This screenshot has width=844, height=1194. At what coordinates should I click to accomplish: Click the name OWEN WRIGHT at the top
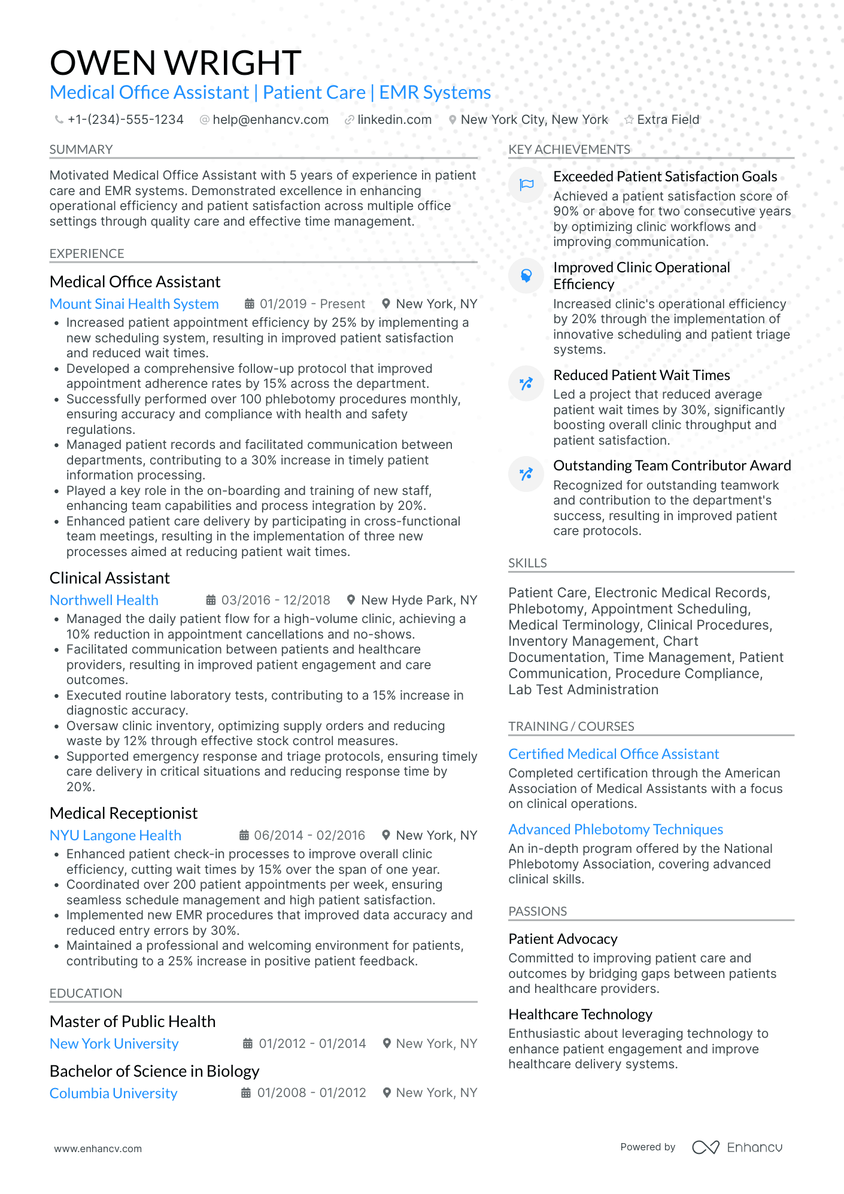[175, 63]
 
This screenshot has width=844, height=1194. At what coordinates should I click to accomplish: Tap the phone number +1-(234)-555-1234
[125, 120]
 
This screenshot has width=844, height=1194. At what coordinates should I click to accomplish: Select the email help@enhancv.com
[271, 120]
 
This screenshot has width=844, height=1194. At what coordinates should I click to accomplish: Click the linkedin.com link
[394, 120]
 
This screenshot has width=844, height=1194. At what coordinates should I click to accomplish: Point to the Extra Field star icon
[629, 120]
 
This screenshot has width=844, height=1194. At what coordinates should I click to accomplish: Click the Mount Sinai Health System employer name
[134, 304]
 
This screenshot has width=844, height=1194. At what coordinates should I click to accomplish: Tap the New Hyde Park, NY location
[419, 600]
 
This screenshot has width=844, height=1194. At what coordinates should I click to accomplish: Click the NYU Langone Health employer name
[116, 836]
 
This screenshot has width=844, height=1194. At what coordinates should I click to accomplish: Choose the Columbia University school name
[114, 1093]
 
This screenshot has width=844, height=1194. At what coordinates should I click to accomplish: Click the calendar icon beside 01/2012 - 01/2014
[247, 1044]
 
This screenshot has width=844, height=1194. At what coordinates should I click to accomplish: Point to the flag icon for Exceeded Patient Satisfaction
[526, 185]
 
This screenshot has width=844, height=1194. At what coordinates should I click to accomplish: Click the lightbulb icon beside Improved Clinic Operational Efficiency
[526, 276]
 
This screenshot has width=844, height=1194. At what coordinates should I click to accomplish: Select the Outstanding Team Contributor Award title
[672, 466]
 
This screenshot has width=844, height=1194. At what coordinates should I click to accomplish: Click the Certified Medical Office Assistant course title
[614, 754]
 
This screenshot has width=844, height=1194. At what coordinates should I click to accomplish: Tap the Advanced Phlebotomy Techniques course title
[615, 830]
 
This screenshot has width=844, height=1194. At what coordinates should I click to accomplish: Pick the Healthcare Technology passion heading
[580, 1014]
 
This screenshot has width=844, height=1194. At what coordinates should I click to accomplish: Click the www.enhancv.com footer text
[98, 1149]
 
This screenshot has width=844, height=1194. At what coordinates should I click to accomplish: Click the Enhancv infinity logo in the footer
[705, 1147]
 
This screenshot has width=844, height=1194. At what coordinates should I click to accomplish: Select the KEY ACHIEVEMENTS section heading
[569, 150]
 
